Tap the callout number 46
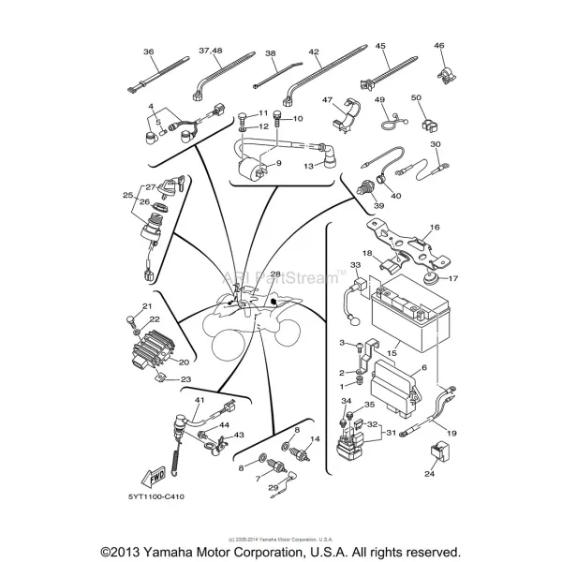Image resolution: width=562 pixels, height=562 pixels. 439,46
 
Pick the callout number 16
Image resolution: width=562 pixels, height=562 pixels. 435,228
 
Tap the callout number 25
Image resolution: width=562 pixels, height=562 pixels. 128,195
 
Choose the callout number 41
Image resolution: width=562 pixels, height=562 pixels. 200,400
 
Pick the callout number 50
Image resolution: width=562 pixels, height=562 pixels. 416,97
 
